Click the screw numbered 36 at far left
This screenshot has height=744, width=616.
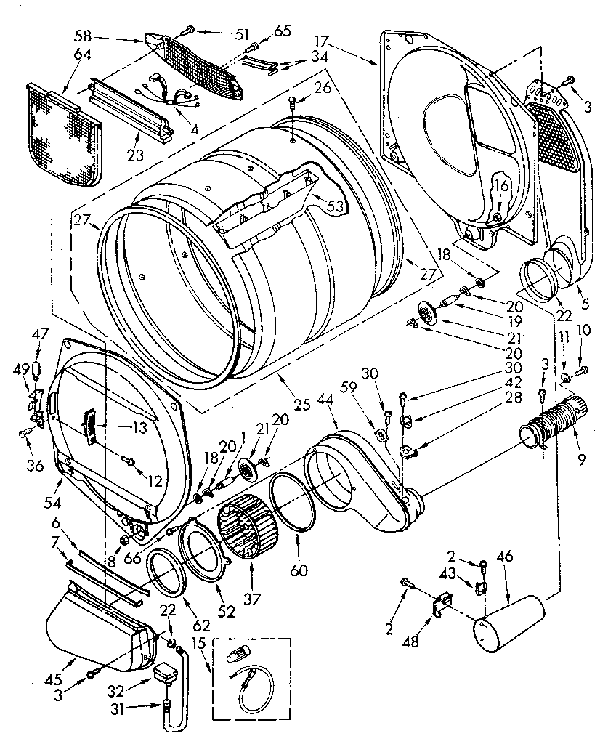24,434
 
